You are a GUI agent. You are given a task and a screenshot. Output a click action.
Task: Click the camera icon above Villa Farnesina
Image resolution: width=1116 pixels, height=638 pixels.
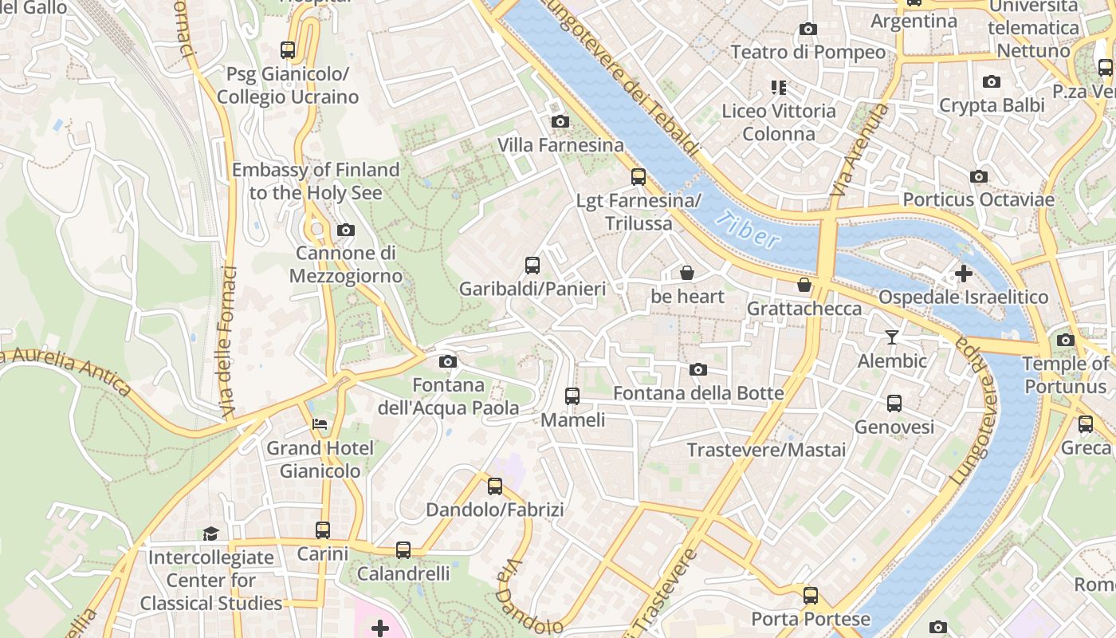[x=560, y=121]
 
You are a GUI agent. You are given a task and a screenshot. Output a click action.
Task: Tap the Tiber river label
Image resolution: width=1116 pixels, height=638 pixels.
[x=747, y=230]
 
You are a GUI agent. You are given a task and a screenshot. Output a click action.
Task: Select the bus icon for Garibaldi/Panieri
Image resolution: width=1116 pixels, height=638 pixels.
[x=532, y=266]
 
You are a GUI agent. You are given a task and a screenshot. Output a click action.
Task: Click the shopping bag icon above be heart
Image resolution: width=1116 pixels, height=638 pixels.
[x=687, y=274]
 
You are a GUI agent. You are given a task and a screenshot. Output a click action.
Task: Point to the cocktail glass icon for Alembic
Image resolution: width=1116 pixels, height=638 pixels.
[x=892, y=337]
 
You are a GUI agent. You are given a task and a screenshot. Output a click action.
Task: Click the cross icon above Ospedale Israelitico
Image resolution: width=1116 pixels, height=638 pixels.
[x=964, y=274]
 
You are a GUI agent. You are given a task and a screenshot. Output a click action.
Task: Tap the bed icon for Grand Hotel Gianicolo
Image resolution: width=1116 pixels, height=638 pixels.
[x=320, y=424]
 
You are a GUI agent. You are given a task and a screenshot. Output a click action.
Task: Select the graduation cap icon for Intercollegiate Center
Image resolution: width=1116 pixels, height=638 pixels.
[x=210, y=534]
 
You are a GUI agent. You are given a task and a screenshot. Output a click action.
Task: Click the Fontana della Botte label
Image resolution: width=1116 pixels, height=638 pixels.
[x=698, y=393]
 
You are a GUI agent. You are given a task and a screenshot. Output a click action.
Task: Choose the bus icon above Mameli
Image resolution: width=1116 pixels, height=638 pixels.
[x=572, y=396]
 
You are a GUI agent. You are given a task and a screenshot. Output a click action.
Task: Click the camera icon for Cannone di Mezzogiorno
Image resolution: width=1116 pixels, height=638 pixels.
[x=345, y=230]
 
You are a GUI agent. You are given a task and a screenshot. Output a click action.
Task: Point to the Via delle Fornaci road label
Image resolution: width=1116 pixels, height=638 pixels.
[x=229, y=343]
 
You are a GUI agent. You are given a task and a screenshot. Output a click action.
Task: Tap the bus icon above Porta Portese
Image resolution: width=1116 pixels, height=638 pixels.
[x=811, y=596]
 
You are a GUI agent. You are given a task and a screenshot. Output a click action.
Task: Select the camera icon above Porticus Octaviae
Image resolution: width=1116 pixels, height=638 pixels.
[x=979, y=176]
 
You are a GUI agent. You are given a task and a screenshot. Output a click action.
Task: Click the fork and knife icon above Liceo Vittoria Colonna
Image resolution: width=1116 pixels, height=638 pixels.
[x=779, y=87]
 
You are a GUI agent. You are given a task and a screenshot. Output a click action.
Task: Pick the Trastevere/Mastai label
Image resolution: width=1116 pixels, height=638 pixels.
[x=766, y=450]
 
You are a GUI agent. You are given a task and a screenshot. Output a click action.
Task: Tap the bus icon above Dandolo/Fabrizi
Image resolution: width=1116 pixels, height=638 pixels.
[x=495, y=486]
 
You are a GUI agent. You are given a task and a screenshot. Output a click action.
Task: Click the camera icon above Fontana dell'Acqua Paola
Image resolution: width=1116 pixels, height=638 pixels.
[x=448, y=362]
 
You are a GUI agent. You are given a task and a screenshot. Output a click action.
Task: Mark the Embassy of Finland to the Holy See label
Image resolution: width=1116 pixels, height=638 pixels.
[x=316, y=181]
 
